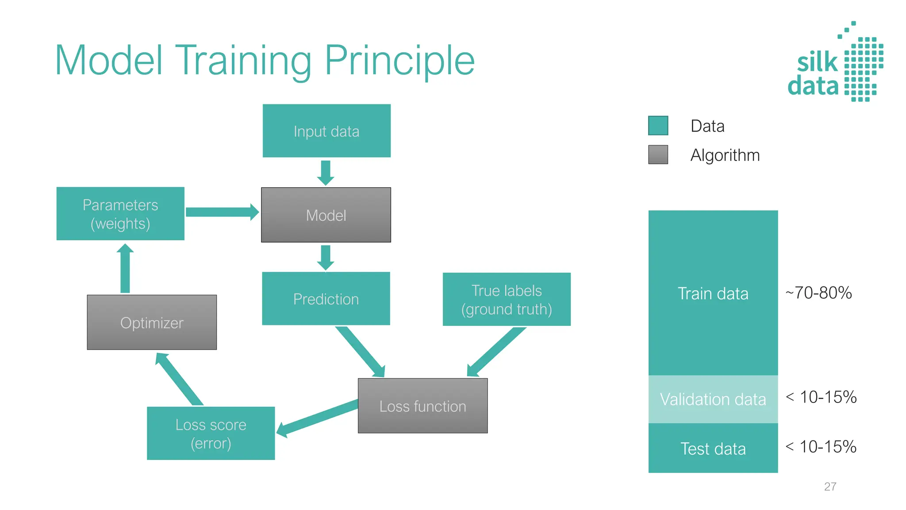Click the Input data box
point(326,131)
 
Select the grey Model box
point(326,215)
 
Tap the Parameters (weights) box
point(120,214)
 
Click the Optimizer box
point(152,323)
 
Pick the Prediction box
point(326,299)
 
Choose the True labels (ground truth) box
point(507,300)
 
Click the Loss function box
point(422,406)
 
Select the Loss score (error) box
point(211,433)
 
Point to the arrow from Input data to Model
point(326,172)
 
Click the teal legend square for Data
point(658,126)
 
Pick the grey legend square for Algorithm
point(658,155)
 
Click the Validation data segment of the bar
point(713,399)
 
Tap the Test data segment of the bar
point(713,448)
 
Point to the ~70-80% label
point(818,293)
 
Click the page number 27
point(830,487)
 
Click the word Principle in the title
point(399,61)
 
